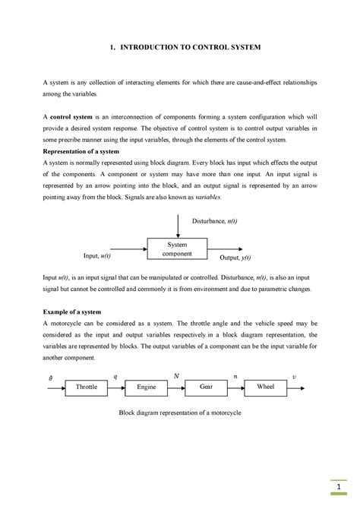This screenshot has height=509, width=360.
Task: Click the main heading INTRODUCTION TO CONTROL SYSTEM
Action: pyautogui.click(x=185, y=47)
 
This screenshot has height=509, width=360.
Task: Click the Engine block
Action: pyautogui.click(x=146, y=387)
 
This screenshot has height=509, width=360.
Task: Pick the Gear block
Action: pyautogui.click(x=206, y=387)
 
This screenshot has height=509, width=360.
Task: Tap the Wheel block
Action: pyautogui.click(x=265, y=387)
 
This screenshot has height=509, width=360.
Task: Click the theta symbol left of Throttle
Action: pyautogui.click(x=50, y=377)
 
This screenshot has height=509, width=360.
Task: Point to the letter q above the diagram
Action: pyautogui.click(x=115, y=375)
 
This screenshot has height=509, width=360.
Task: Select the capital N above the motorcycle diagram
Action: pyautogui.click(x=176, y=375)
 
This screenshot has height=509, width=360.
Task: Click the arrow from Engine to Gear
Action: pyautogui.click(x=175, y=387)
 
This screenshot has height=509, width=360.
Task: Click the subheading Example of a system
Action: pyautogui.click(x=72, y=312)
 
